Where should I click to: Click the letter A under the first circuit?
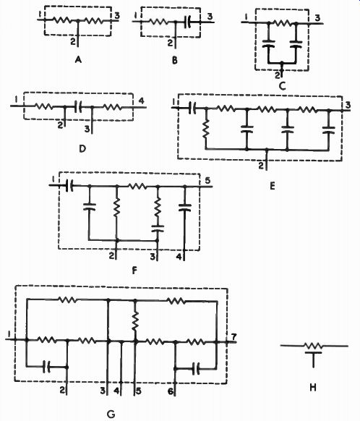[78, 59]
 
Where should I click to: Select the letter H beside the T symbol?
[313, 388]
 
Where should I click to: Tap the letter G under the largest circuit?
[111, 414]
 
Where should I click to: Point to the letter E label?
[273, 186]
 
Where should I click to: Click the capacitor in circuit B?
[189, 22]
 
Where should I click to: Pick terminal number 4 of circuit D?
[141, 101]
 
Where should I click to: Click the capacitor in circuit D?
[78, 107]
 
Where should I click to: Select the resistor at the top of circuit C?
[282, 23]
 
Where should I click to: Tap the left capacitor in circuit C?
[269, 43]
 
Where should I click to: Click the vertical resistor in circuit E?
[206, 129]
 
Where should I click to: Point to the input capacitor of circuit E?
[192, 108]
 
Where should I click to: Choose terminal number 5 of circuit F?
[207, 180]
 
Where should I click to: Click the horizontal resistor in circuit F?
[137, 186]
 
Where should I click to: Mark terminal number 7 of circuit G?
[233, 336]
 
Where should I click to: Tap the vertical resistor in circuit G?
[135, 321]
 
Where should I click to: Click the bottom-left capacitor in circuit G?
[47, 367]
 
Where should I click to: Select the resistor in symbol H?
[314, 346]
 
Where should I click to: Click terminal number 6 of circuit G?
[171, 391]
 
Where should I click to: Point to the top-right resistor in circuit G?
[176, 301]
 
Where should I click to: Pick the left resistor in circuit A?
[62, 20]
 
